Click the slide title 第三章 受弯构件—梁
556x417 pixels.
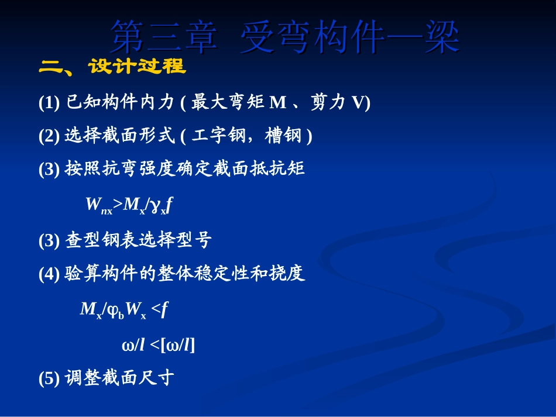(285, 37)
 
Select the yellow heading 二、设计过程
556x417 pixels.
(112, 67)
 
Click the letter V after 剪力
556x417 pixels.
(355, 104)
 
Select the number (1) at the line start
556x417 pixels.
(49, 104)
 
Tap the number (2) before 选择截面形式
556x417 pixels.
(49, 136)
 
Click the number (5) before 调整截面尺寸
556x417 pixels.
(49, 378)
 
